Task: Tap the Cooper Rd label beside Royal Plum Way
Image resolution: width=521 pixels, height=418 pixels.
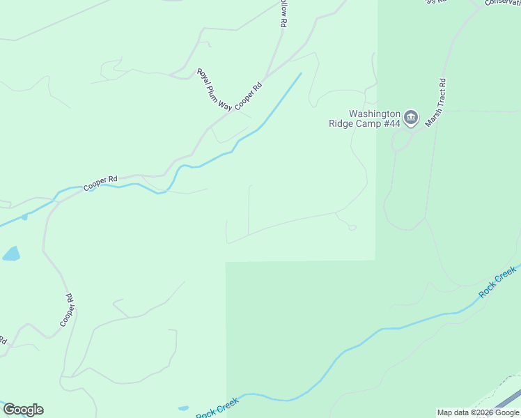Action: click(x=248, y=96)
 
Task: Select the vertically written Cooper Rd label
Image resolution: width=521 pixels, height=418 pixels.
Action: click(x=67, y=310)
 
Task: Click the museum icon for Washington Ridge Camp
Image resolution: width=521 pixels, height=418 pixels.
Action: click(x=411, y=118)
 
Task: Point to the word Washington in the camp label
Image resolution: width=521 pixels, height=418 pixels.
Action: click(x=375, y=114)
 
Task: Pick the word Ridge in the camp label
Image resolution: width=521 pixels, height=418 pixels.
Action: click(x=342, y=124)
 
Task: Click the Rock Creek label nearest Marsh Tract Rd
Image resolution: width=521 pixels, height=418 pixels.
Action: click(x=497, y=282)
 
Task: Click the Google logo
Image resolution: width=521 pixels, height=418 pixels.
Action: click(x=23, y=410)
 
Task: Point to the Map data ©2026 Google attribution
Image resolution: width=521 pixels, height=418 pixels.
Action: click(x=477, y=412)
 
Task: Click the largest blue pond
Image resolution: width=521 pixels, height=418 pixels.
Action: click(x=11, y=254)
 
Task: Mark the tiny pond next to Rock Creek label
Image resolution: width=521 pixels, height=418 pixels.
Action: click(x=183, y=408)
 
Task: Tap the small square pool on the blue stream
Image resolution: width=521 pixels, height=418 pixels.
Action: click(x=24, y=217)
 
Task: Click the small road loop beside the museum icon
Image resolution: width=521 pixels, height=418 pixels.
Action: click(x=400, y=143)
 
